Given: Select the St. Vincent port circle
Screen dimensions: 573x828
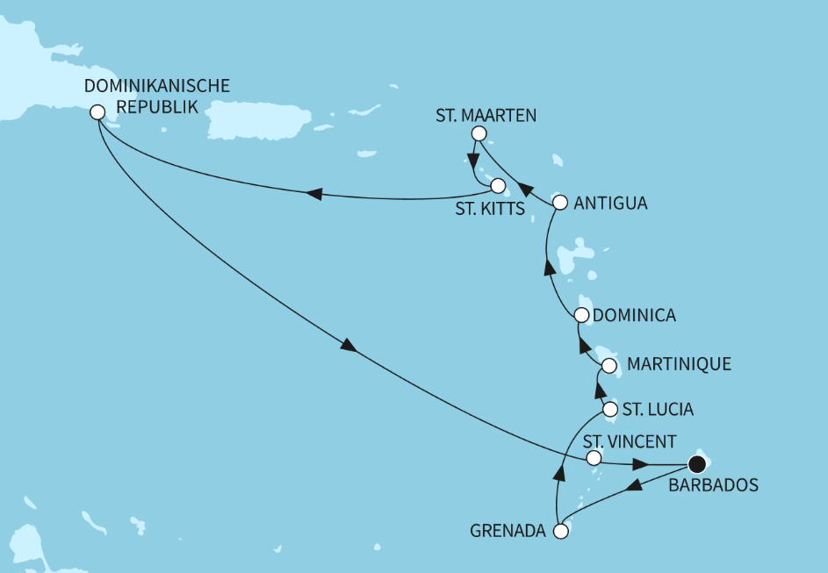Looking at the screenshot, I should click(x=594, y=458).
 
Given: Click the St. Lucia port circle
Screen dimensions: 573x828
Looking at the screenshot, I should click(x=610, y=409).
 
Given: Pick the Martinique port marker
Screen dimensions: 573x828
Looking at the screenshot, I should click(x=609, y=364).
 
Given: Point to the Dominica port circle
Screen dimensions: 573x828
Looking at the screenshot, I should click(x=581, y=315).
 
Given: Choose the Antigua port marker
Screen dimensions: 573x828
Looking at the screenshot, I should click(x=561, y=203).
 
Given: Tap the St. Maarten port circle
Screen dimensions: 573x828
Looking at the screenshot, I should click(x=479, y=133).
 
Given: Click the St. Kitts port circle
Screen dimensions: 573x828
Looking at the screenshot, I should click(x=498, y=186).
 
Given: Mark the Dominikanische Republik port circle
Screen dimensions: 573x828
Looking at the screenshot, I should click(x=97, y=113).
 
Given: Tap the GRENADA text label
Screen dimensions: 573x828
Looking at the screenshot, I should click(x=508, y=531).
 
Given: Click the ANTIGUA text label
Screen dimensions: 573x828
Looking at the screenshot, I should click(x=611, y=204).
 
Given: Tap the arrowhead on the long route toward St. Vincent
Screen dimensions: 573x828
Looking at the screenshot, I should click(x=349, y=346).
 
